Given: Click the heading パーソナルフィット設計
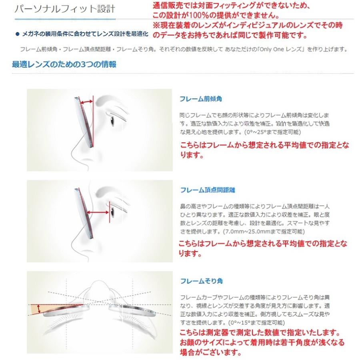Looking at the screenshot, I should click(x=64, y=9).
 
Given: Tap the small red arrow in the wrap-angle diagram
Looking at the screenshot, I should click(x=39, y=308).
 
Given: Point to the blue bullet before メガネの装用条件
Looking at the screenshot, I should click(x=17, y=34).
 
